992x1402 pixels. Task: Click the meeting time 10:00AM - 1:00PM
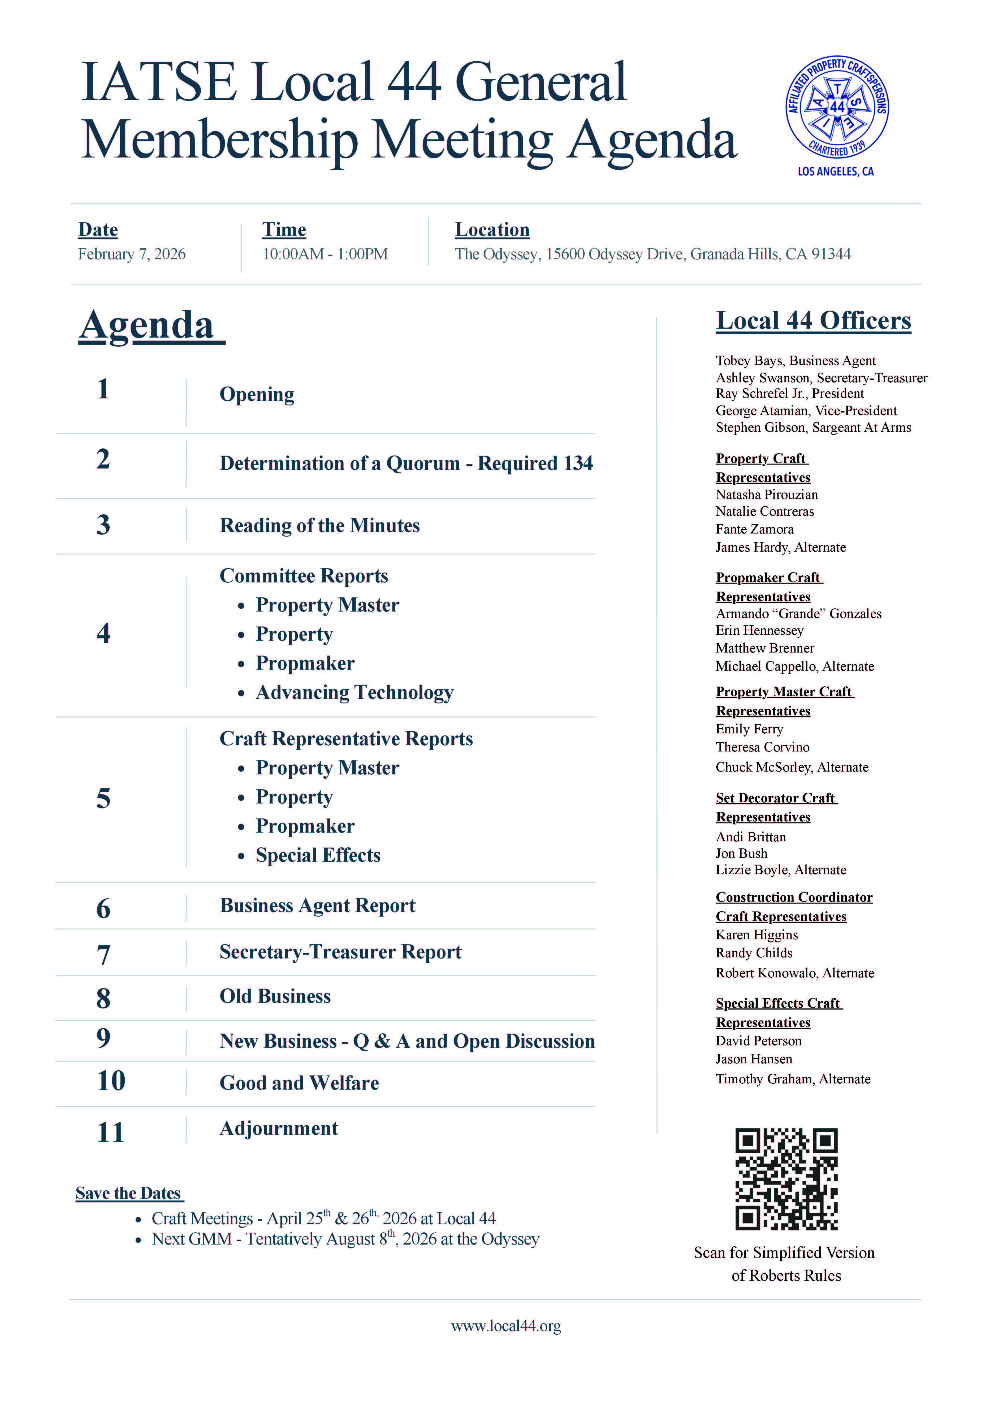325,254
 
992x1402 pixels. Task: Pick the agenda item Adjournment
278,1128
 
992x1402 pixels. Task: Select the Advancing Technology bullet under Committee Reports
354,693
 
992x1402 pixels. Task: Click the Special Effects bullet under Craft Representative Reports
318,855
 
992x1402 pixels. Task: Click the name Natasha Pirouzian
767,495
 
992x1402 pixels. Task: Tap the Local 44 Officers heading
813,321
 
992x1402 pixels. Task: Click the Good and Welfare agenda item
299,1083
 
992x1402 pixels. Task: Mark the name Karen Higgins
757,935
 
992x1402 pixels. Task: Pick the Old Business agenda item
275,996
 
